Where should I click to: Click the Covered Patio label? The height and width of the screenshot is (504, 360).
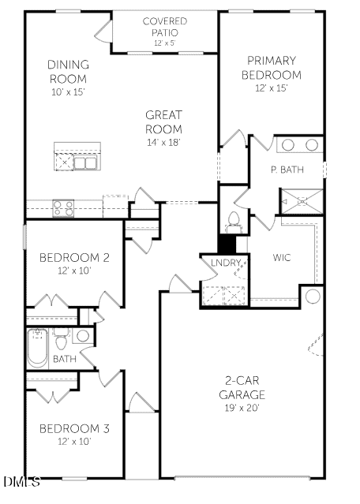(164, 27)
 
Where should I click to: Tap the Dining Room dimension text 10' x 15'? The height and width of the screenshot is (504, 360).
(68, 92)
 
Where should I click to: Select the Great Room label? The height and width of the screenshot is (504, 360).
(163, 121)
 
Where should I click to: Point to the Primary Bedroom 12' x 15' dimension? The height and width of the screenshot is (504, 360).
(272, 88)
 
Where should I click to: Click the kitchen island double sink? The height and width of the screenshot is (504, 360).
(85, 163)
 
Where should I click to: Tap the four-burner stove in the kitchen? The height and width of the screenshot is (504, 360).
(63, 208)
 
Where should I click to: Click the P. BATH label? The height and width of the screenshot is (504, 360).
(287, 170)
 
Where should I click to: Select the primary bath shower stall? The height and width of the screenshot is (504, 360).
(302, 202)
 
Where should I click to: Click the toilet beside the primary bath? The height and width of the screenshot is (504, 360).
(233, 222)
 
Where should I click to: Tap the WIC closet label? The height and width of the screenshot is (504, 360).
(282, 257)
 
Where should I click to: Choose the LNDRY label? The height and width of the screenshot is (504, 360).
(226, 263)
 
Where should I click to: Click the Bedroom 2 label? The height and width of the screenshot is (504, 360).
(74, 257)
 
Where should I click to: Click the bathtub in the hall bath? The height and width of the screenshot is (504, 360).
(37, 349)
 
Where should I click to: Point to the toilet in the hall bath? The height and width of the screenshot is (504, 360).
(61, 340)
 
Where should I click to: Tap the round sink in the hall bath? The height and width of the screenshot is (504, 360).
(83, 336)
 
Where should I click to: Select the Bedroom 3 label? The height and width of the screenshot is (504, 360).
(74, 428)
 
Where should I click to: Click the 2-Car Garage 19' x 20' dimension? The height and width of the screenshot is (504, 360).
(242, 409)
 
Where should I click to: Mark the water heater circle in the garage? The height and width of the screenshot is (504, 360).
(313, 296)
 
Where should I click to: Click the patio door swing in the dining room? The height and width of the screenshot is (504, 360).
(103, 32)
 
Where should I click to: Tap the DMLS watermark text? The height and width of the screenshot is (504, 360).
(22, 481)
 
